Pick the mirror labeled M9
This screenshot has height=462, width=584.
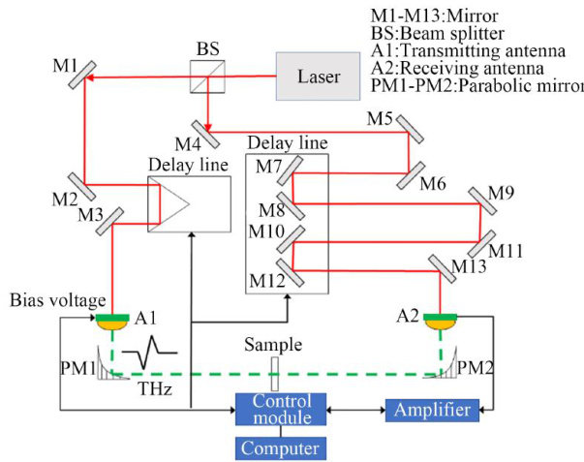pyautogui.click(x=481, y=199)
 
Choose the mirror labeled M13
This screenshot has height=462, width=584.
pyautogui.click(x=441, y=265)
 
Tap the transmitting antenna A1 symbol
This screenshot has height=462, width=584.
pyautogui.click(x=114, y=320)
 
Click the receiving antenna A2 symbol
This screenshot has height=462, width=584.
pyautogui.click(x=441, y=320)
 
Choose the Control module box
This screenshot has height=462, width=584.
pyautogui.click(x=280, y=409)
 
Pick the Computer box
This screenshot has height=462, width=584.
pyautogui.click(x=280, y=447)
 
